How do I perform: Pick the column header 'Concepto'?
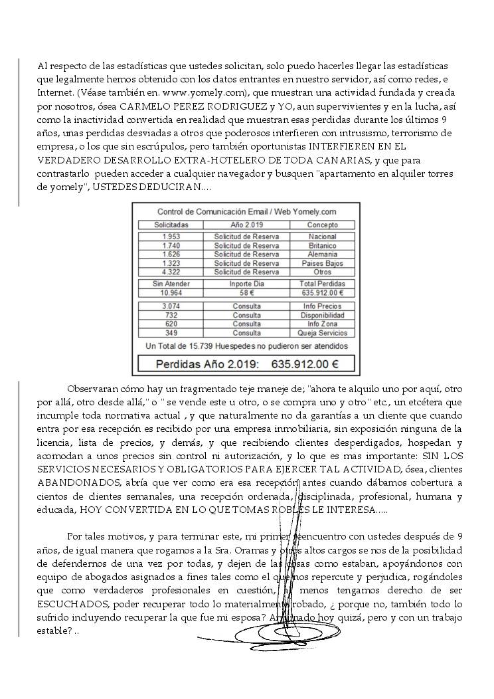pos(323,225)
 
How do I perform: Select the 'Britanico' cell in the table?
pos(323,246)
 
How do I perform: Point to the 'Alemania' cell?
pos(323,254)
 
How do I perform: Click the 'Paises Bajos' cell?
pos(323,263)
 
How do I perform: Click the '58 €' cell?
pos(247,292)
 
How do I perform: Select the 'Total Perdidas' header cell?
pos(323,284)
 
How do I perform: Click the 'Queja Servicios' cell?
pos(323,333)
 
